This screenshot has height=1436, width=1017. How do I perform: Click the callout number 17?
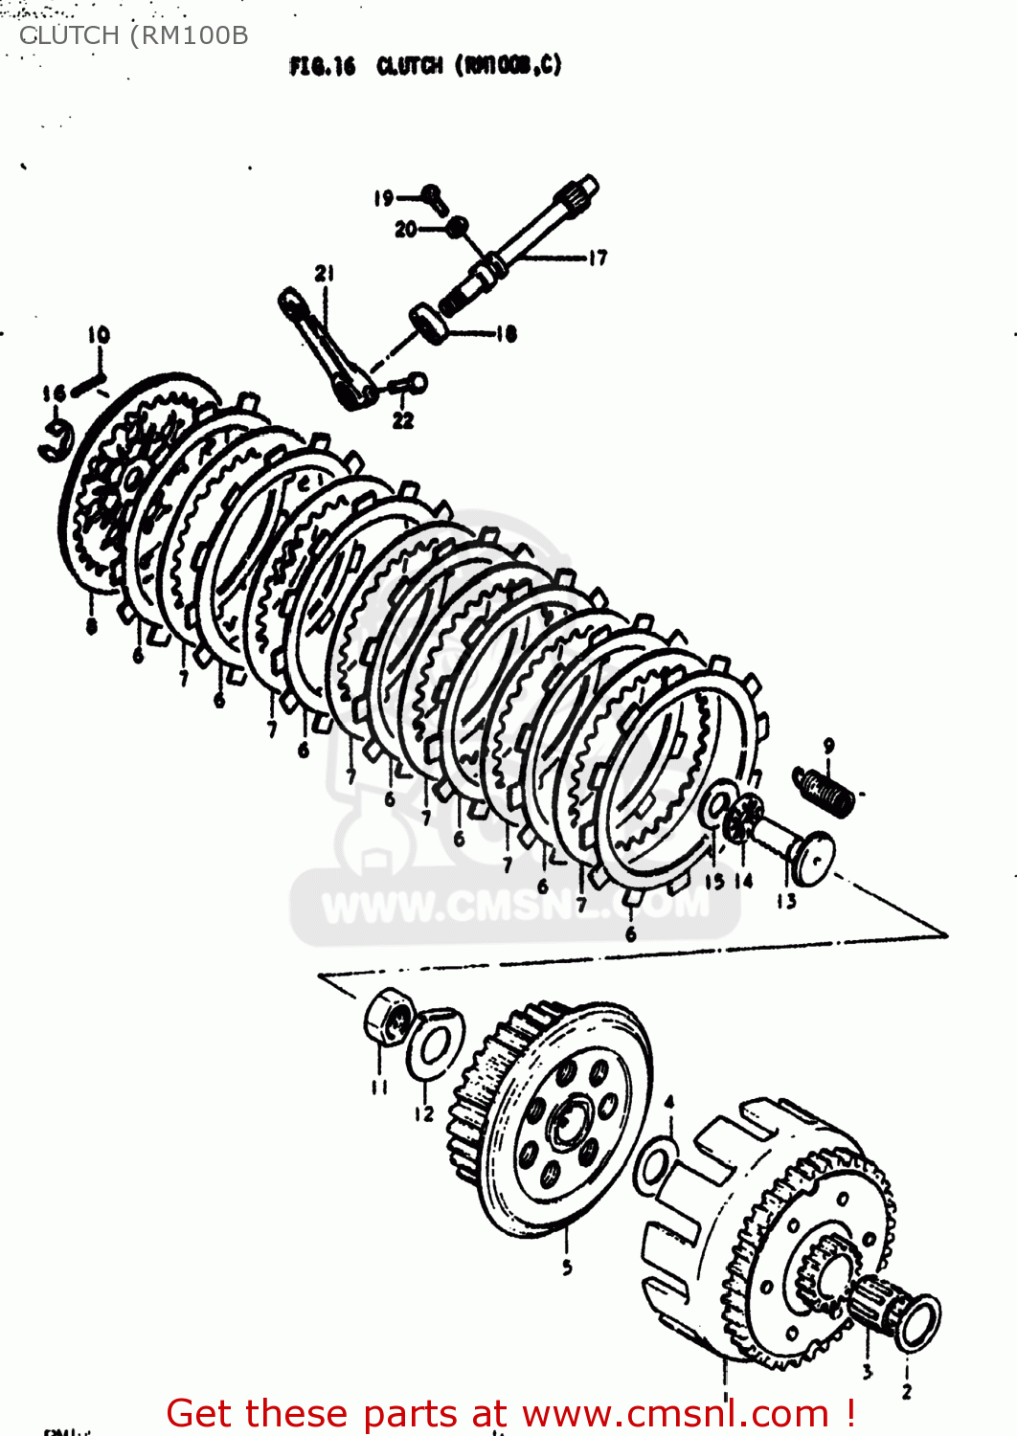tap(598, 258)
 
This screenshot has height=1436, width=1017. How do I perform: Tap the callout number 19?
tap(384, 198)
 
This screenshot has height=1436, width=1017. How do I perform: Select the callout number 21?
tap(325, 274)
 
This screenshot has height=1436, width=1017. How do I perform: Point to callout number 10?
tap(99, 335)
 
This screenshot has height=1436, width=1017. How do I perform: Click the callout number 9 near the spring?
tap(828, 745)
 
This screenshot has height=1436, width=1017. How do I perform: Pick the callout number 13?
tap(786, 901)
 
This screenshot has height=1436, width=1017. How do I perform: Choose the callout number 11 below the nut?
tap(379, 1087)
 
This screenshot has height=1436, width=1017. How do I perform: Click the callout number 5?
tap(567, 1267)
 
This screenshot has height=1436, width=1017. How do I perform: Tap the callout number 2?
tap(906, 1391)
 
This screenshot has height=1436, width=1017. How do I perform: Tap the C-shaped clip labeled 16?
tap(56, 442)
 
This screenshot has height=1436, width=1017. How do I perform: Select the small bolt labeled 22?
tap(409, 385)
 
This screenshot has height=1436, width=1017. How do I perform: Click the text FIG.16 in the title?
tap(322, 66)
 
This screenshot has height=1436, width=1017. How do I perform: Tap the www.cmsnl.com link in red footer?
tap(675, 1413)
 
